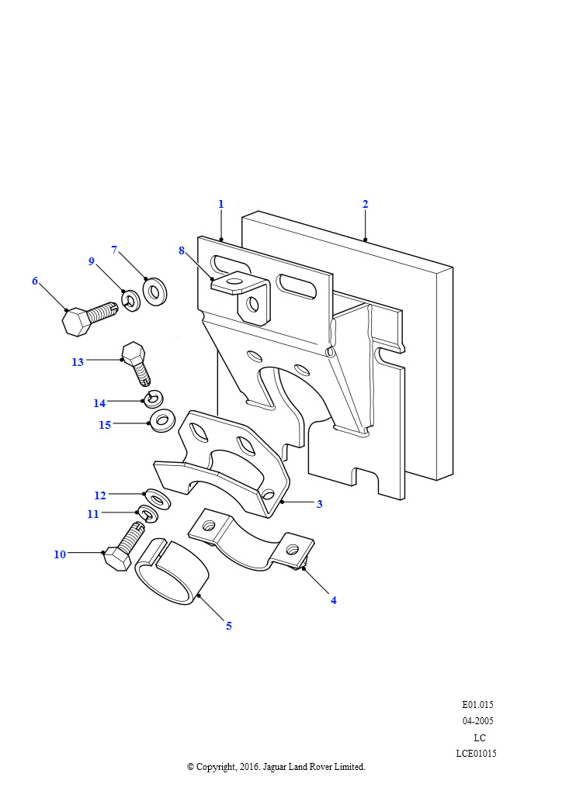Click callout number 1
point(221,204)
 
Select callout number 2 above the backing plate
point(366,204)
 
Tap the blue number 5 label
point(229,626)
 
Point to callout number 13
point(78,362)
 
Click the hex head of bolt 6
point(75,321)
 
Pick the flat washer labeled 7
point(155,292)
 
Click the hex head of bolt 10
point(116,559)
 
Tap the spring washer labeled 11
point(147,515)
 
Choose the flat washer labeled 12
point(157,499)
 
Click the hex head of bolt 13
point(134,354)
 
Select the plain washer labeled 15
point(161,421)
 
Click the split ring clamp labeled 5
point(172,571)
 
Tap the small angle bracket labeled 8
point(242,297)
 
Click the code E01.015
point(477,704)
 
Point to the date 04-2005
point(477,720)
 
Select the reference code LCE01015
point(476,754)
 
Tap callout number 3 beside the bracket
point(319,504)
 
